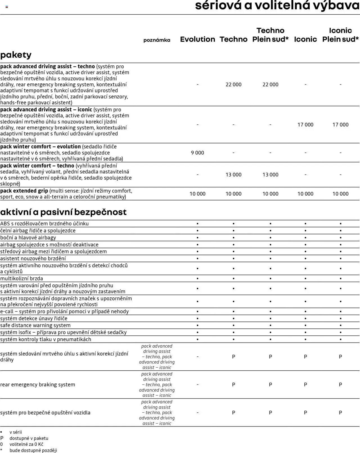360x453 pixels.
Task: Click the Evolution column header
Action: pyautogui.click(x=197, y=39)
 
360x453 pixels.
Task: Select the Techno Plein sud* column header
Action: pyautogui.click(x=270, y=35)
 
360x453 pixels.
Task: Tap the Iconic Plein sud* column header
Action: pyautogui.click(x=340, y=35)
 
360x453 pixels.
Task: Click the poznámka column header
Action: pyautogui.click(x=157, y=40)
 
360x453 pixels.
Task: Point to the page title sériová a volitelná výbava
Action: pyautogui.click(x=277, y=5)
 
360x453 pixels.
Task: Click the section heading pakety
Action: pyautogui.click(x=16, y=55)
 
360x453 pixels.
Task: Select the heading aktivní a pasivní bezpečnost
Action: pyautogui.click(x=63, y=212)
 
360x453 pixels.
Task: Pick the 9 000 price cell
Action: pyautogui.click(x=197, y=153)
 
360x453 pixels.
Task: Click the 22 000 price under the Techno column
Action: pyautogui.click(x=233, y=85)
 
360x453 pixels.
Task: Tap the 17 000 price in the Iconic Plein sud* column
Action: pyautogui.click(x=340, y=125)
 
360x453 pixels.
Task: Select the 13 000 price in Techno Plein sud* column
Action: pyautogui.click(x=270, y=175)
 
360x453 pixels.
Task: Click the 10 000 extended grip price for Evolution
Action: pyautogui.click(x=197, y=194)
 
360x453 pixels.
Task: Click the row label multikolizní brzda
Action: pyautogui.click(x=22, y=279)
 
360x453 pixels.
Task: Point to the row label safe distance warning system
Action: pyautogui.click(x=35, y=325)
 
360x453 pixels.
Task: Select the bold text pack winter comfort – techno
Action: pyautogui.click(x=37, y=166)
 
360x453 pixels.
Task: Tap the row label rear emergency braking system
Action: pyautogui.click(x=38, y=385)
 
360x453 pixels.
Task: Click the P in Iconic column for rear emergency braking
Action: pyautogui.click(x=305, y=385)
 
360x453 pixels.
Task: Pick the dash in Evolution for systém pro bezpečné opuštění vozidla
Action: pyautogui.click(x=197, y=413)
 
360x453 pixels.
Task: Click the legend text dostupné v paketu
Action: pyautogui.click(x=29, y=438)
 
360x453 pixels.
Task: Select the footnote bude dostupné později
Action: pyautogui.click(x=33, y=450)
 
